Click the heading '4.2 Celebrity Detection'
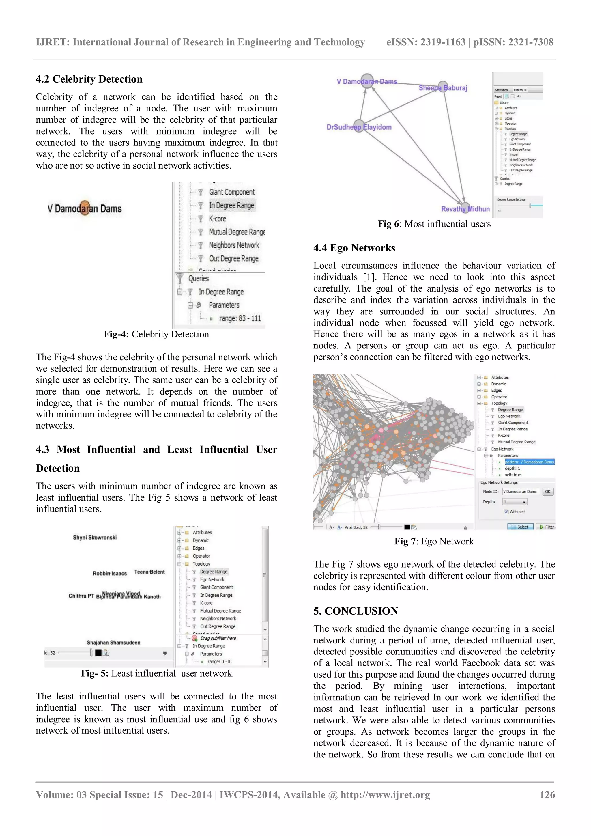coord(89,79)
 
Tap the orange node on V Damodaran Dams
coord(85,208)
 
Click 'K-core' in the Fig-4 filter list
coord(217,219)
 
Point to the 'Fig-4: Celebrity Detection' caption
coord(156,334)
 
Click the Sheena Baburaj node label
coord(442,88)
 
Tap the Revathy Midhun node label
coord(465,209)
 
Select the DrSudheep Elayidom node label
coord(359,127)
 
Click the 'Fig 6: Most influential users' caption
coord(434,224)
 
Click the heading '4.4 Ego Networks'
coord(354,248)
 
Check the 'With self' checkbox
coord(506,512)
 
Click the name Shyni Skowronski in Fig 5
coord(95,538)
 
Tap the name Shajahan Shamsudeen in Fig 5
coord(113,643)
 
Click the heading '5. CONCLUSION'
coord(356,611)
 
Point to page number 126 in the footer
coord(547,795)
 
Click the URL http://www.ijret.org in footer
coord(385,795)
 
